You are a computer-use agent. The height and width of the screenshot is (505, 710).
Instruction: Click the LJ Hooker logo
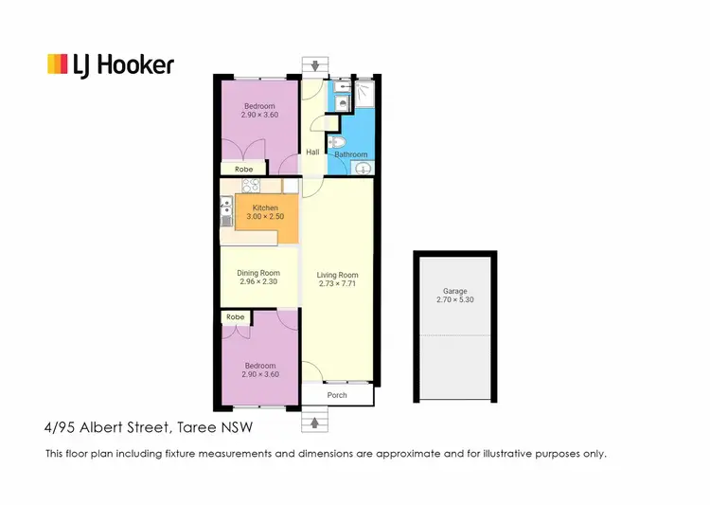(111, 63)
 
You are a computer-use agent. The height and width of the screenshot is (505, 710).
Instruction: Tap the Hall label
(312, 152)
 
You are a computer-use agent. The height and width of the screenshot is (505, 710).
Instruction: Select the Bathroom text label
(350, 154)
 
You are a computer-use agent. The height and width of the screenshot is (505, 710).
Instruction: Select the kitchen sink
(226, 221)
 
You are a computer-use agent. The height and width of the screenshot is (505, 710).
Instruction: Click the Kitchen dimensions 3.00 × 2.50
(265, 217)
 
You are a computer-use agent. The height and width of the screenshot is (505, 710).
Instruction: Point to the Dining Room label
(258, 273)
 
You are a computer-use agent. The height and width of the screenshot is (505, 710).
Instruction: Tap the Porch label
(337, 395)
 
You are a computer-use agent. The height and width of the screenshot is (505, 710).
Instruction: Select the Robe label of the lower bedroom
(236, 317)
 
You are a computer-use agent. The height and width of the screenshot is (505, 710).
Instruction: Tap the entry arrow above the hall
(313, 65)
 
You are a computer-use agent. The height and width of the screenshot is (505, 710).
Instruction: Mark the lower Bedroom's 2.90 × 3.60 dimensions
(260, 375)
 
